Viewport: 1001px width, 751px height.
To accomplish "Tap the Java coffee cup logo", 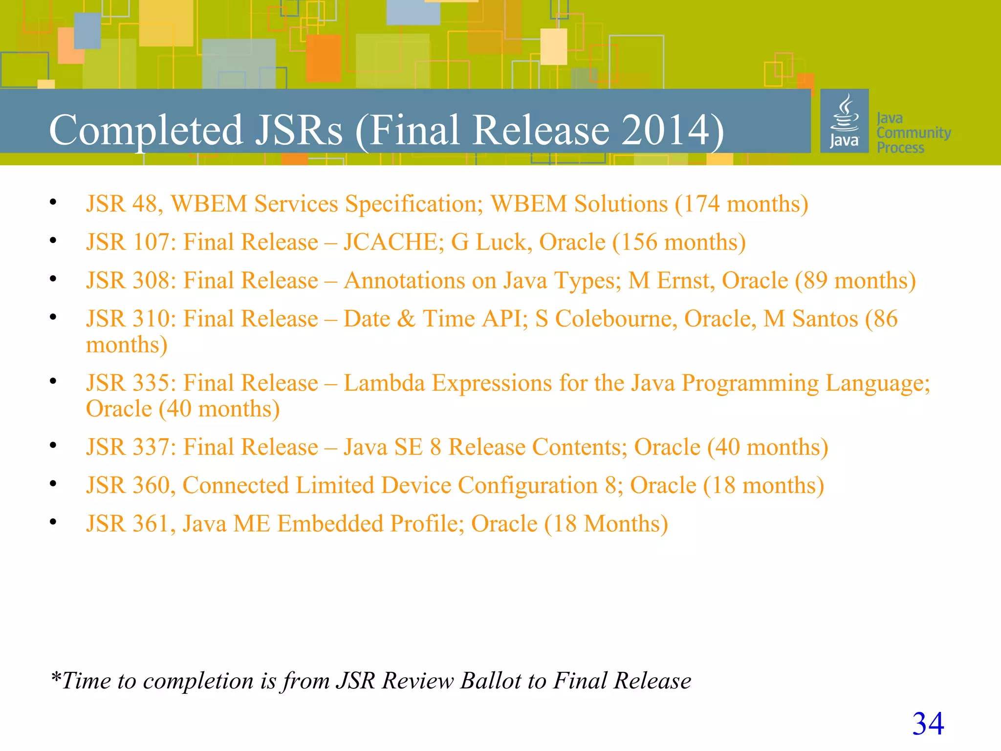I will [844, 121].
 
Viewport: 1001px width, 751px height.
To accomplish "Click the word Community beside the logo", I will [914, 133].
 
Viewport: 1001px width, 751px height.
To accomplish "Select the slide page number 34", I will [928, 724].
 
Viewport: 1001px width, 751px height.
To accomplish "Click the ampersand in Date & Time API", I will [406, 319].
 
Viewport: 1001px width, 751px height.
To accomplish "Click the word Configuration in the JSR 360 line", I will [528, 486].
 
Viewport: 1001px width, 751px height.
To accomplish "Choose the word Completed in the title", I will [146, 130].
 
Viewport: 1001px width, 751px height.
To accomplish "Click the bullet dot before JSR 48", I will [53, 202].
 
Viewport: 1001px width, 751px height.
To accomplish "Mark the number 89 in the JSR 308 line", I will [815, 281].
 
